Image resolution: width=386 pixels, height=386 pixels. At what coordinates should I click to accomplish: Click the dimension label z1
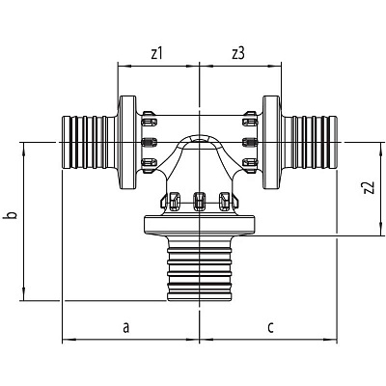coord(156,54)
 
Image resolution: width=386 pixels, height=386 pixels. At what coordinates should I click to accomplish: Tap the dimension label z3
coord(238,54)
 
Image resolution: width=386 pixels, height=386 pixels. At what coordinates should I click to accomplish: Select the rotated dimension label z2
coord(370,188)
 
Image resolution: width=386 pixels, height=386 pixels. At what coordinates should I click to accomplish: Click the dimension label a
coord(126,327)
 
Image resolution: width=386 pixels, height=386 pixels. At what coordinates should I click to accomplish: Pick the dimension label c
coord(270,327)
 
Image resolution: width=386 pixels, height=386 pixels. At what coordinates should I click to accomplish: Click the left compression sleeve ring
coord(127,142)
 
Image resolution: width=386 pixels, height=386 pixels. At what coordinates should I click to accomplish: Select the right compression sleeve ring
coord(272,142)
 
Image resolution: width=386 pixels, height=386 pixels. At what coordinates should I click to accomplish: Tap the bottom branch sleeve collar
coord(200,225)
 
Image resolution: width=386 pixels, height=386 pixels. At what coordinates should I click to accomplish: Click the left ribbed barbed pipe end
coord(90,142)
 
